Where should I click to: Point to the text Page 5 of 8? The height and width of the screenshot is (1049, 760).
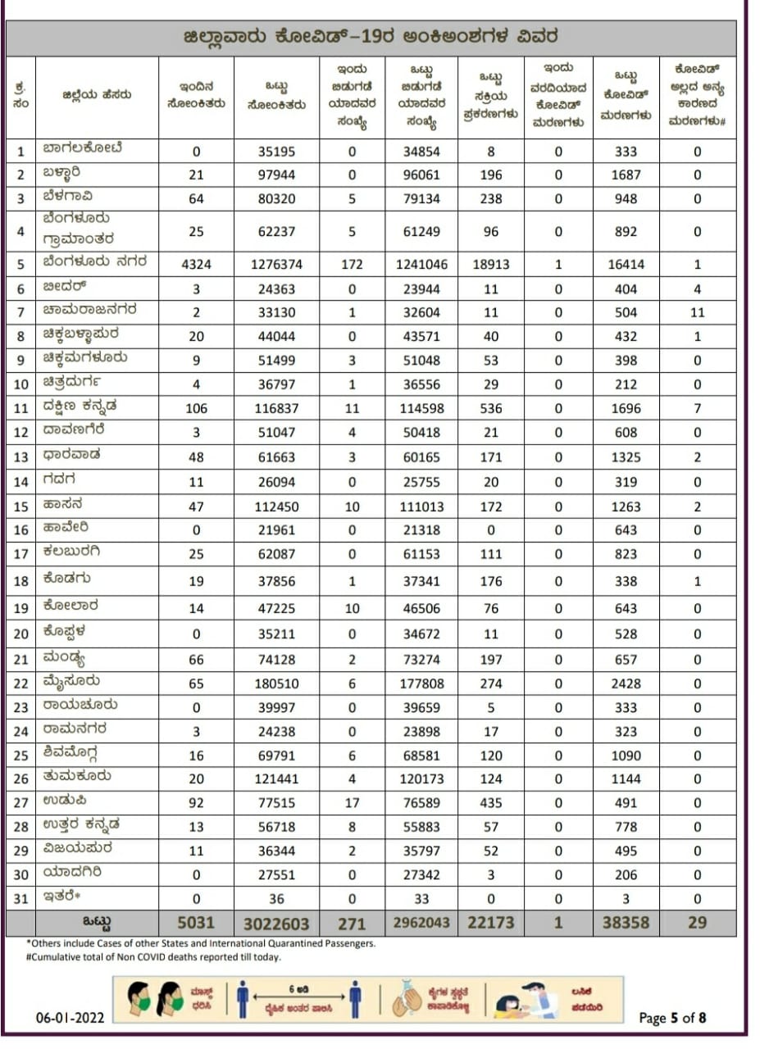click(x=672, y=1018)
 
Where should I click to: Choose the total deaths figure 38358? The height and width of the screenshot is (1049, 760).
click(x=627, y=923)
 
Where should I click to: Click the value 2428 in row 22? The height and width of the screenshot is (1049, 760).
click(x=627, y=683)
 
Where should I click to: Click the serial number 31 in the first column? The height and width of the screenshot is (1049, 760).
click(x=21, y=899)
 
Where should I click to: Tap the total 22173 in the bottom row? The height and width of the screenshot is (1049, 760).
click(x=490, y=923)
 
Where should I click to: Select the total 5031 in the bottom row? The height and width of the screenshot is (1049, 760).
click(x=197, y=923)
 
